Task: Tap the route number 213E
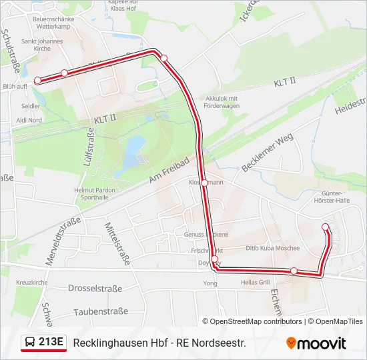pos(51,342)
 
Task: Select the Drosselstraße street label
pos(95,289)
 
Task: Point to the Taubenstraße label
pos(100,311)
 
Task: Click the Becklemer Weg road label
pos(268,153)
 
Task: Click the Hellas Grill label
pos(255,282)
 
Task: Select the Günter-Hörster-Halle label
pos(331,195)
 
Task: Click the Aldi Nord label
pos(29,120)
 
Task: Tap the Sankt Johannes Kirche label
pos(41,45)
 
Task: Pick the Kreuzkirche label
pos(31,283)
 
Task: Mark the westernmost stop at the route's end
pos(37,80)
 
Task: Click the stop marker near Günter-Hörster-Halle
pos(326,227)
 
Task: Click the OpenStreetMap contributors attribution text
pos(256,321)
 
